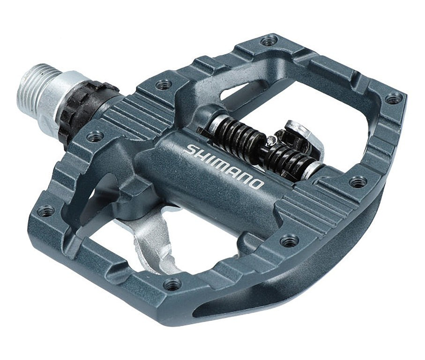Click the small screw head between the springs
tap(270, 140)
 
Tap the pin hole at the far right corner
tap(394, 99)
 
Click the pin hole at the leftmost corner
tap(46, 211)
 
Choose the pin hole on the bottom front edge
tap(172, 284)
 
